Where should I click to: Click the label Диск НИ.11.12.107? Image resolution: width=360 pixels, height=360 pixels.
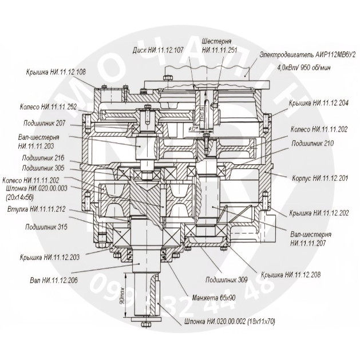158,50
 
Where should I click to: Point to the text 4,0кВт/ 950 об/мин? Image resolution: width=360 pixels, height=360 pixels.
304,67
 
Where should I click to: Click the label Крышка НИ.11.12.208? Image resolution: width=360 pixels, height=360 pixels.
290,275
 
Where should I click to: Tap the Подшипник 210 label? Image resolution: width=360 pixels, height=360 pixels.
312,143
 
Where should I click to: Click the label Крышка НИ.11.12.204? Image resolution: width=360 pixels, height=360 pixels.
318,103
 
